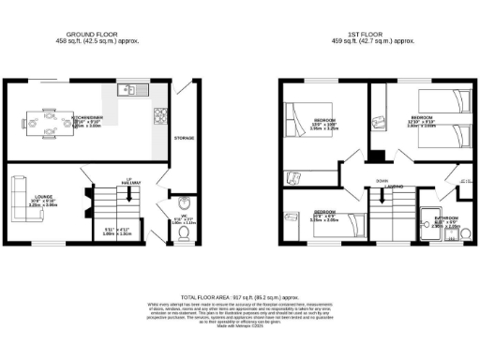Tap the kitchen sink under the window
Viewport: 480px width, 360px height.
pos(131,91)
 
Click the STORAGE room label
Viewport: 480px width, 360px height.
pos(184,138)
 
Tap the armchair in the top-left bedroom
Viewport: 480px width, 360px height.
pos(292,177)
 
